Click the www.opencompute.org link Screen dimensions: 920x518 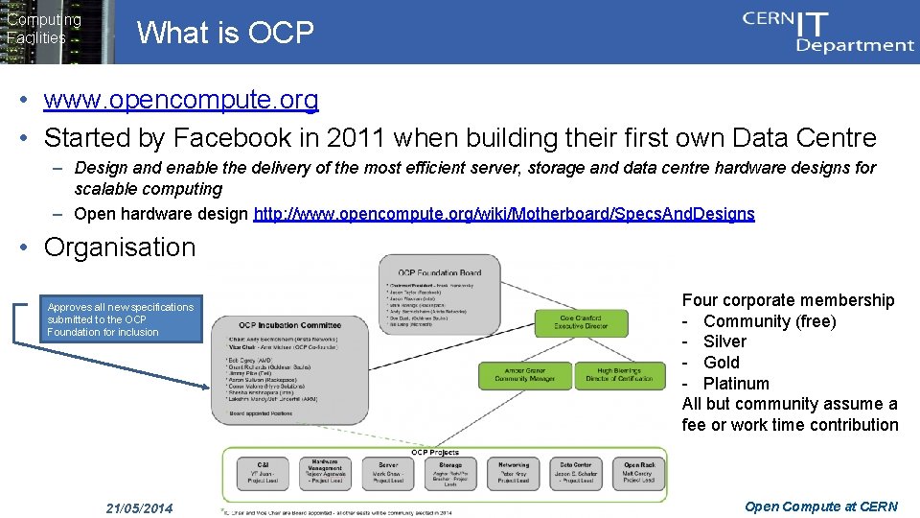181,100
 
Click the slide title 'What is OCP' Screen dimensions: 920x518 225,34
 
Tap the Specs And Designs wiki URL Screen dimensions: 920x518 504,214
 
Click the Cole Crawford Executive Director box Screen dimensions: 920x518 581,321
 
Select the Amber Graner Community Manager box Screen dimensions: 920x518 525,374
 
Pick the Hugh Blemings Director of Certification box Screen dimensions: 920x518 619,374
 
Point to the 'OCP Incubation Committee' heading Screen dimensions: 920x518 290,324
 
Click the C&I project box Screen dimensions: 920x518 263,472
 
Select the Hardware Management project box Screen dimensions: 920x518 326,472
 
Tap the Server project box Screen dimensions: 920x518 388,472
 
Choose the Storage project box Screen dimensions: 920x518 450,472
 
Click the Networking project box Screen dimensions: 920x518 514,472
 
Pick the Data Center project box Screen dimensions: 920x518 576,472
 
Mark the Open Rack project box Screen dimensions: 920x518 639,472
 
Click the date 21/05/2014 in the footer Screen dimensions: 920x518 139,506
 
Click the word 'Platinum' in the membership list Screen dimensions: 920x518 736,383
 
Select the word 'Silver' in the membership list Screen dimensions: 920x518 724,341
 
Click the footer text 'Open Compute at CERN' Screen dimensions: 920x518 821,506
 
